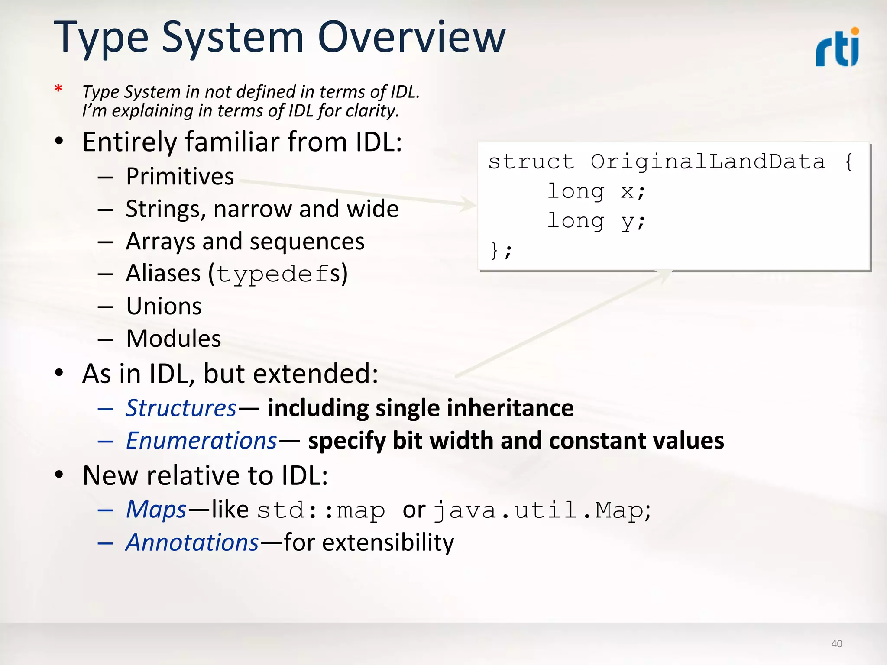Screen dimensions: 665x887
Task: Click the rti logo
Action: click(x=838, y=48)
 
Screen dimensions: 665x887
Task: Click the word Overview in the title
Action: click(x=411, y=38)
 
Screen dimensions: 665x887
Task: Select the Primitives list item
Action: click(x=180, y=177)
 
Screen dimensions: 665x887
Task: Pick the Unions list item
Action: click(x=164, y=307)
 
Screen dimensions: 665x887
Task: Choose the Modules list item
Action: click(x=173, y=339)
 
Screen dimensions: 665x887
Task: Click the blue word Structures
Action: click(x=181, y=408)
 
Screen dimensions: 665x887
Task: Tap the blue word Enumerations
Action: click(x=201, y=441)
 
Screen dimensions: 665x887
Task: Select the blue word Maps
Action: click(x=156, y=510)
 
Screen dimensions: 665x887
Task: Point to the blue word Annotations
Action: click(x=192, y=542)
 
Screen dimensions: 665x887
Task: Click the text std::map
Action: click(x=320, y=510)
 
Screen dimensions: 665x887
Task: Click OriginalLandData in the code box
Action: click(x=708, y=162)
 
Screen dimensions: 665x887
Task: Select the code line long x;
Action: click(x=596, y=191)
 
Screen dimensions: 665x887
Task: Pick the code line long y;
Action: click(x=596, y=221)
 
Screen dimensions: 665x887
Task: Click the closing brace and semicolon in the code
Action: click(x=501, y=251)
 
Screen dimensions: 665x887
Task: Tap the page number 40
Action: click(x=836, y=644)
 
